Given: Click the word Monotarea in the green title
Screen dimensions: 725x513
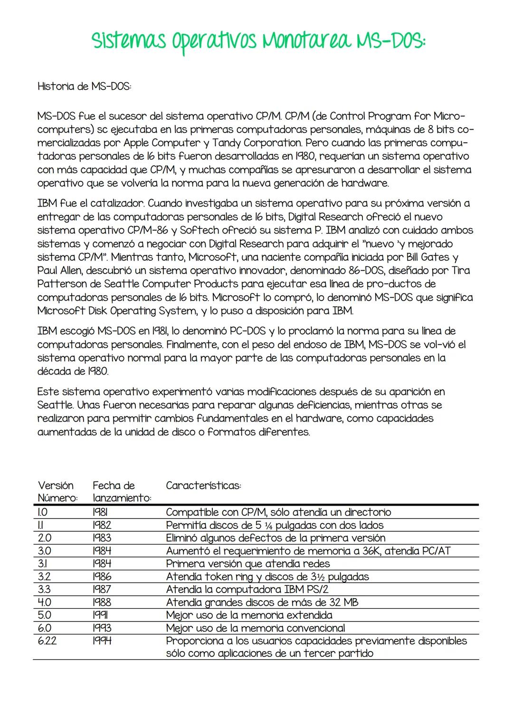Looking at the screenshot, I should coord(304,41).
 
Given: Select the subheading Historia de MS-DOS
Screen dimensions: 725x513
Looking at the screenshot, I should coord(84,86).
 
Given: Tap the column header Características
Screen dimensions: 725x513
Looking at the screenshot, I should coord(203,486).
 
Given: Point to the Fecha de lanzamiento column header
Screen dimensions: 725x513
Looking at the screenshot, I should coord(122,492).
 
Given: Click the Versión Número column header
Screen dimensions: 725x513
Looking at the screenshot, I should coord(57,492).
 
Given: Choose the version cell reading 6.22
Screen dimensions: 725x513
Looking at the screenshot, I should coord(47,641).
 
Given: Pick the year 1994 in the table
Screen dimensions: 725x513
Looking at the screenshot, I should coord(102,641).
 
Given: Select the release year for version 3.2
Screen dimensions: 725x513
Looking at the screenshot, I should coord(102,576).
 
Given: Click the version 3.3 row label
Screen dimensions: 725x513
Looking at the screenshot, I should coord(44,589).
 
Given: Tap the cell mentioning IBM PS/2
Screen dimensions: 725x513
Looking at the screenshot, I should coord(247,589).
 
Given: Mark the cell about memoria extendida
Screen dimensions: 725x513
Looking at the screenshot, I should coord(249,615).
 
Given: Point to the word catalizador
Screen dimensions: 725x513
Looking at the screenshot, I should coord(116,203).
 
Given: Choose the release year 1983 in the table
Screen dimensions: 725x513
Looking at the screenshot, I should coord(102,538).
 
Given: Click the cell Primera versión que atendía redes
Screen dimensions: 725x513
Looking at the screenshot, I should coord(247,564).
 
